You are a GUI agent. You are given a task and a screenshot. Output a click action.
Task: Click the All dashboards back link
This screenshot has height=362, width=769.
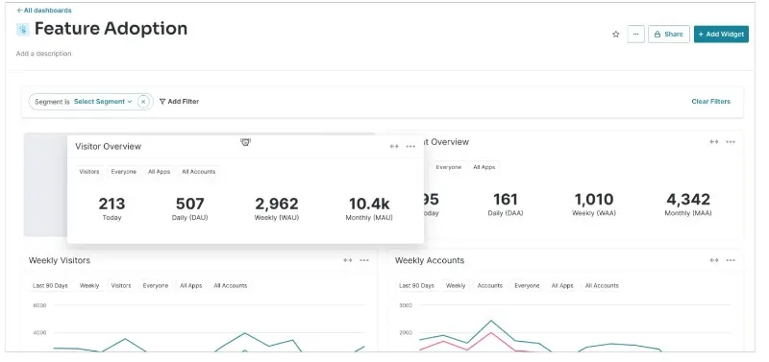tap(44, 11)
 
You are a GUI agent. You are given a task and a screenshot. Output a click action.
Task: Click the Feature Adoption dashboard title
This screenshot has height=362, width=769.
tap(111, 30)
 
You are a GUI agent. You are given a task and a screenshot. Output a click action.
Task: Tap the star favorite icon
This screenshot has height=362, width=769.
tap(615, 35)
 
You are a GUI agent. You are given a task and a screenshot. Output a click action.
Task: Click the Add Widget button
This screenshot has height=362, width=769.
tap(721, 35)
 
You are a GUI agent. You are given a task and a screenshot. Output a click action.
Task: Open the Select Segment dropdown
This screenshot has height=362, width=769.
tap(103, 101)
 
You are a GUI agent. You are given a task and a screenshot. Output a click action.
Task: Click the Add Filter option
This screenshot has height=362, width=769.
tap(179, 101)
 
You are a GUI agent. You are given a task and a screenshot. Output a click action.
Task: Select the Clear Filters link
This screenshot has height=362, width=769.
tap(710, 101)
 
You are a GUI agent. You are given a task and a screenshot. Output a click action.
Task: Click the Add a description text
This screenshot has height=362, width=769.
tap(43, 54)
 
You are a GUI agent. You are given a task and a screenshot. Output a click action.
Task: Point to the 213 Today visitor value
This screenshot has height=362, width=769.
tap(112, 204)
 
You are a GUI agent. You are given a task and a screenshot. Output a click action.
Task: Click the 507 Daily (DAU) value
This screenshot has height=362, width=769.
tap(189, 204)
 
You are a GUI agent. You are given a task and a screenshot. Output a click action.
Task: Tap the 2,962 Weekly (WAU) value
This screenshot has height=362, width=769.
tap(276, 204)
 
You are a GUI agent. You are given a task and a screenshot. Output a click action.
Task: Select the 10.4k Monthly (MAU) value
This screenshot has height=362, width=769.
tap(369, 204)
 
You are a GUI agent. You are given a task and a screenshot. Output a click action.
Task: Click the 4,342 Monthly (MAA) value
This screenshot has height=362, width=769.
tap(688, 200)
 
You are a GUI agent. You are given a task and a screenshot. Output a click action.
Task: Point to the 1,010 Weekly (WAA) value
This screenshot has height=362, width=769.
tap(593, 200)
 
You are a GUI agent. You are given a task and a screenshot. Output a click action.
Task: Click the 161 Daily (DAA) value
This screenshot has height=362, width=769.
tap(505, 200)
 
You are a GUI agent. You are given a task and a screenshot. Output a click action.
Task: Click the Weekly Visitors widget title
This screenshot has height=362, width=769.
tap(60, 260)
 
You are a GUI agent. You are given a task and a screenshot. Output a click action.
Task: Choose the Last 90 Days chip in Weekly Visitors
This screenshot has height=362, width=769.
tap(50, 285)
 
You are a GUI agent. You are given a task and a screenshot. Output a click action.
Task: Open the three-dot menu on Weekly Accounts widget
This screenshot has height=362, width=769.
tap(731, 260)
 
